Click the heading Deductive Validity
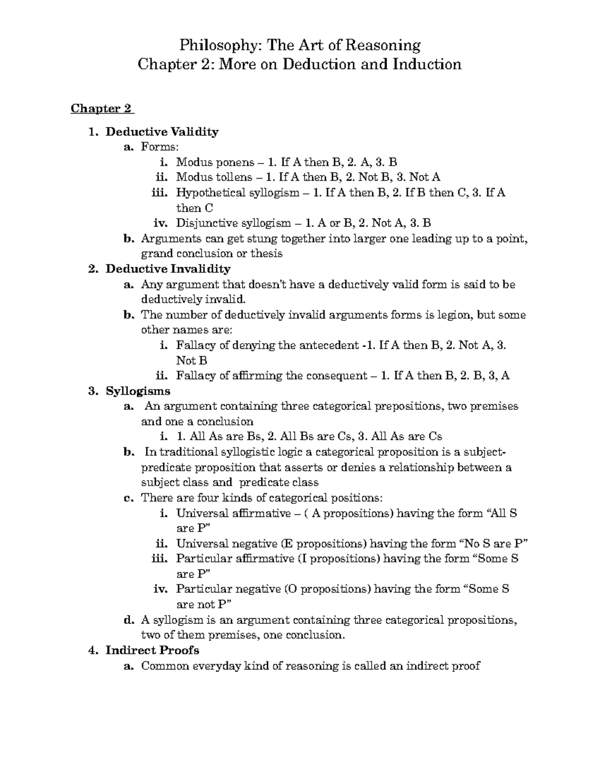[162, 132]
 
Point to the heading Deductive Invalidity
[168, 269]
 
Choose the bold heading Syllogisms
[138, 391]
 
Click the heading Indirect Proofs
[152, 650]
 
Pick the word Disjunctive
[204, 223]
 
